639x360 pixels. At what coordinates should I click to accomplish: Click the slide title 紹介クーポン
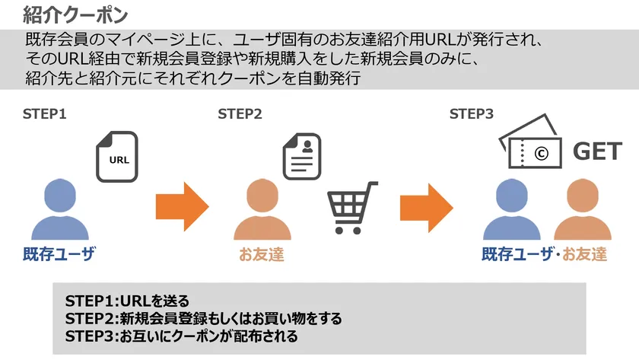tap(75, 15)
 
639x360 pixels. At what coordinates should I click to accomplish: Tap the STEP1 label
tap(44, 113)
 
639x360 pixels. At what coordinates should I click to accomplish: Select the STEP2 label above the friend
tap(240, 113)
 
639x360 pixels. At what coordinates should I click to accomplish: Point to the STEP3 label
tap(472, 113)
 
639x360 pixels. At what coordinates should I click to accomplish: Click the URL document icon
tap(117, 157)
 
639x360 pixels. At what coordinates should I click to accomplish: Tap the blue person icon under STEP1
tap(60, 209)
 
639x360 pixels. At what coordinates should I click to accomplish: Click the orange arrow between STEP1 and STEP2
tap(182, 207)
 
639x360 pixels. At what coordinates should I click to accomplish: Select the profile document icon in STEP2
tap(302, 157)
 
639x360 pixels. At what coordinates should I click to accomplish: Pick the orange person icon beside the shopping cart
tap(262, 209)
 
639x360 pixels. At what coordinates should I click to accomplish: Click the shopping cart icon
tap(351, 208)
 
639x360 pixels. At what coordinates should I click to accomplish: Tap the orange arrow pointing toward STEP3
tap(426, 208)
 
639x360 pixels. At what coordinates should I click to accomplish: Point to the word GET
tap(597, 151)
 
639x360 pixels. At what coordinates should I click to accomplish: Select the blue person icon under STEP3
tap(512, 209)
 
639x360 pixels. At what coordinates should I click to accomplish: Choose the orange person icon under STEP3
tap(583, 209)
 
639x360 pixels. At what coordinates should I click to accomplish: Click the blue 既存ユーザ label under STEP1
tap(59, 254)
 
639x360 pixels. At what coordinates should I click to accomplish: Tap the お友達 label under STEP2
tap(262, 254)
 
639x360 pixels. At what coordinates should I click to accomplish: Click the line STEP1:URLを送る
tap(127, 301)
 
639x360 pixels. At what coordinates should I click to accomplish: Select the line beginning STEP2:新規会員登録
tap(203, 318)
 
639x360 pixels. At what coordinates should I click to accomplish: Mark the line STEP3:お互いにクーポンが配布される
tap(181, 336)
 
